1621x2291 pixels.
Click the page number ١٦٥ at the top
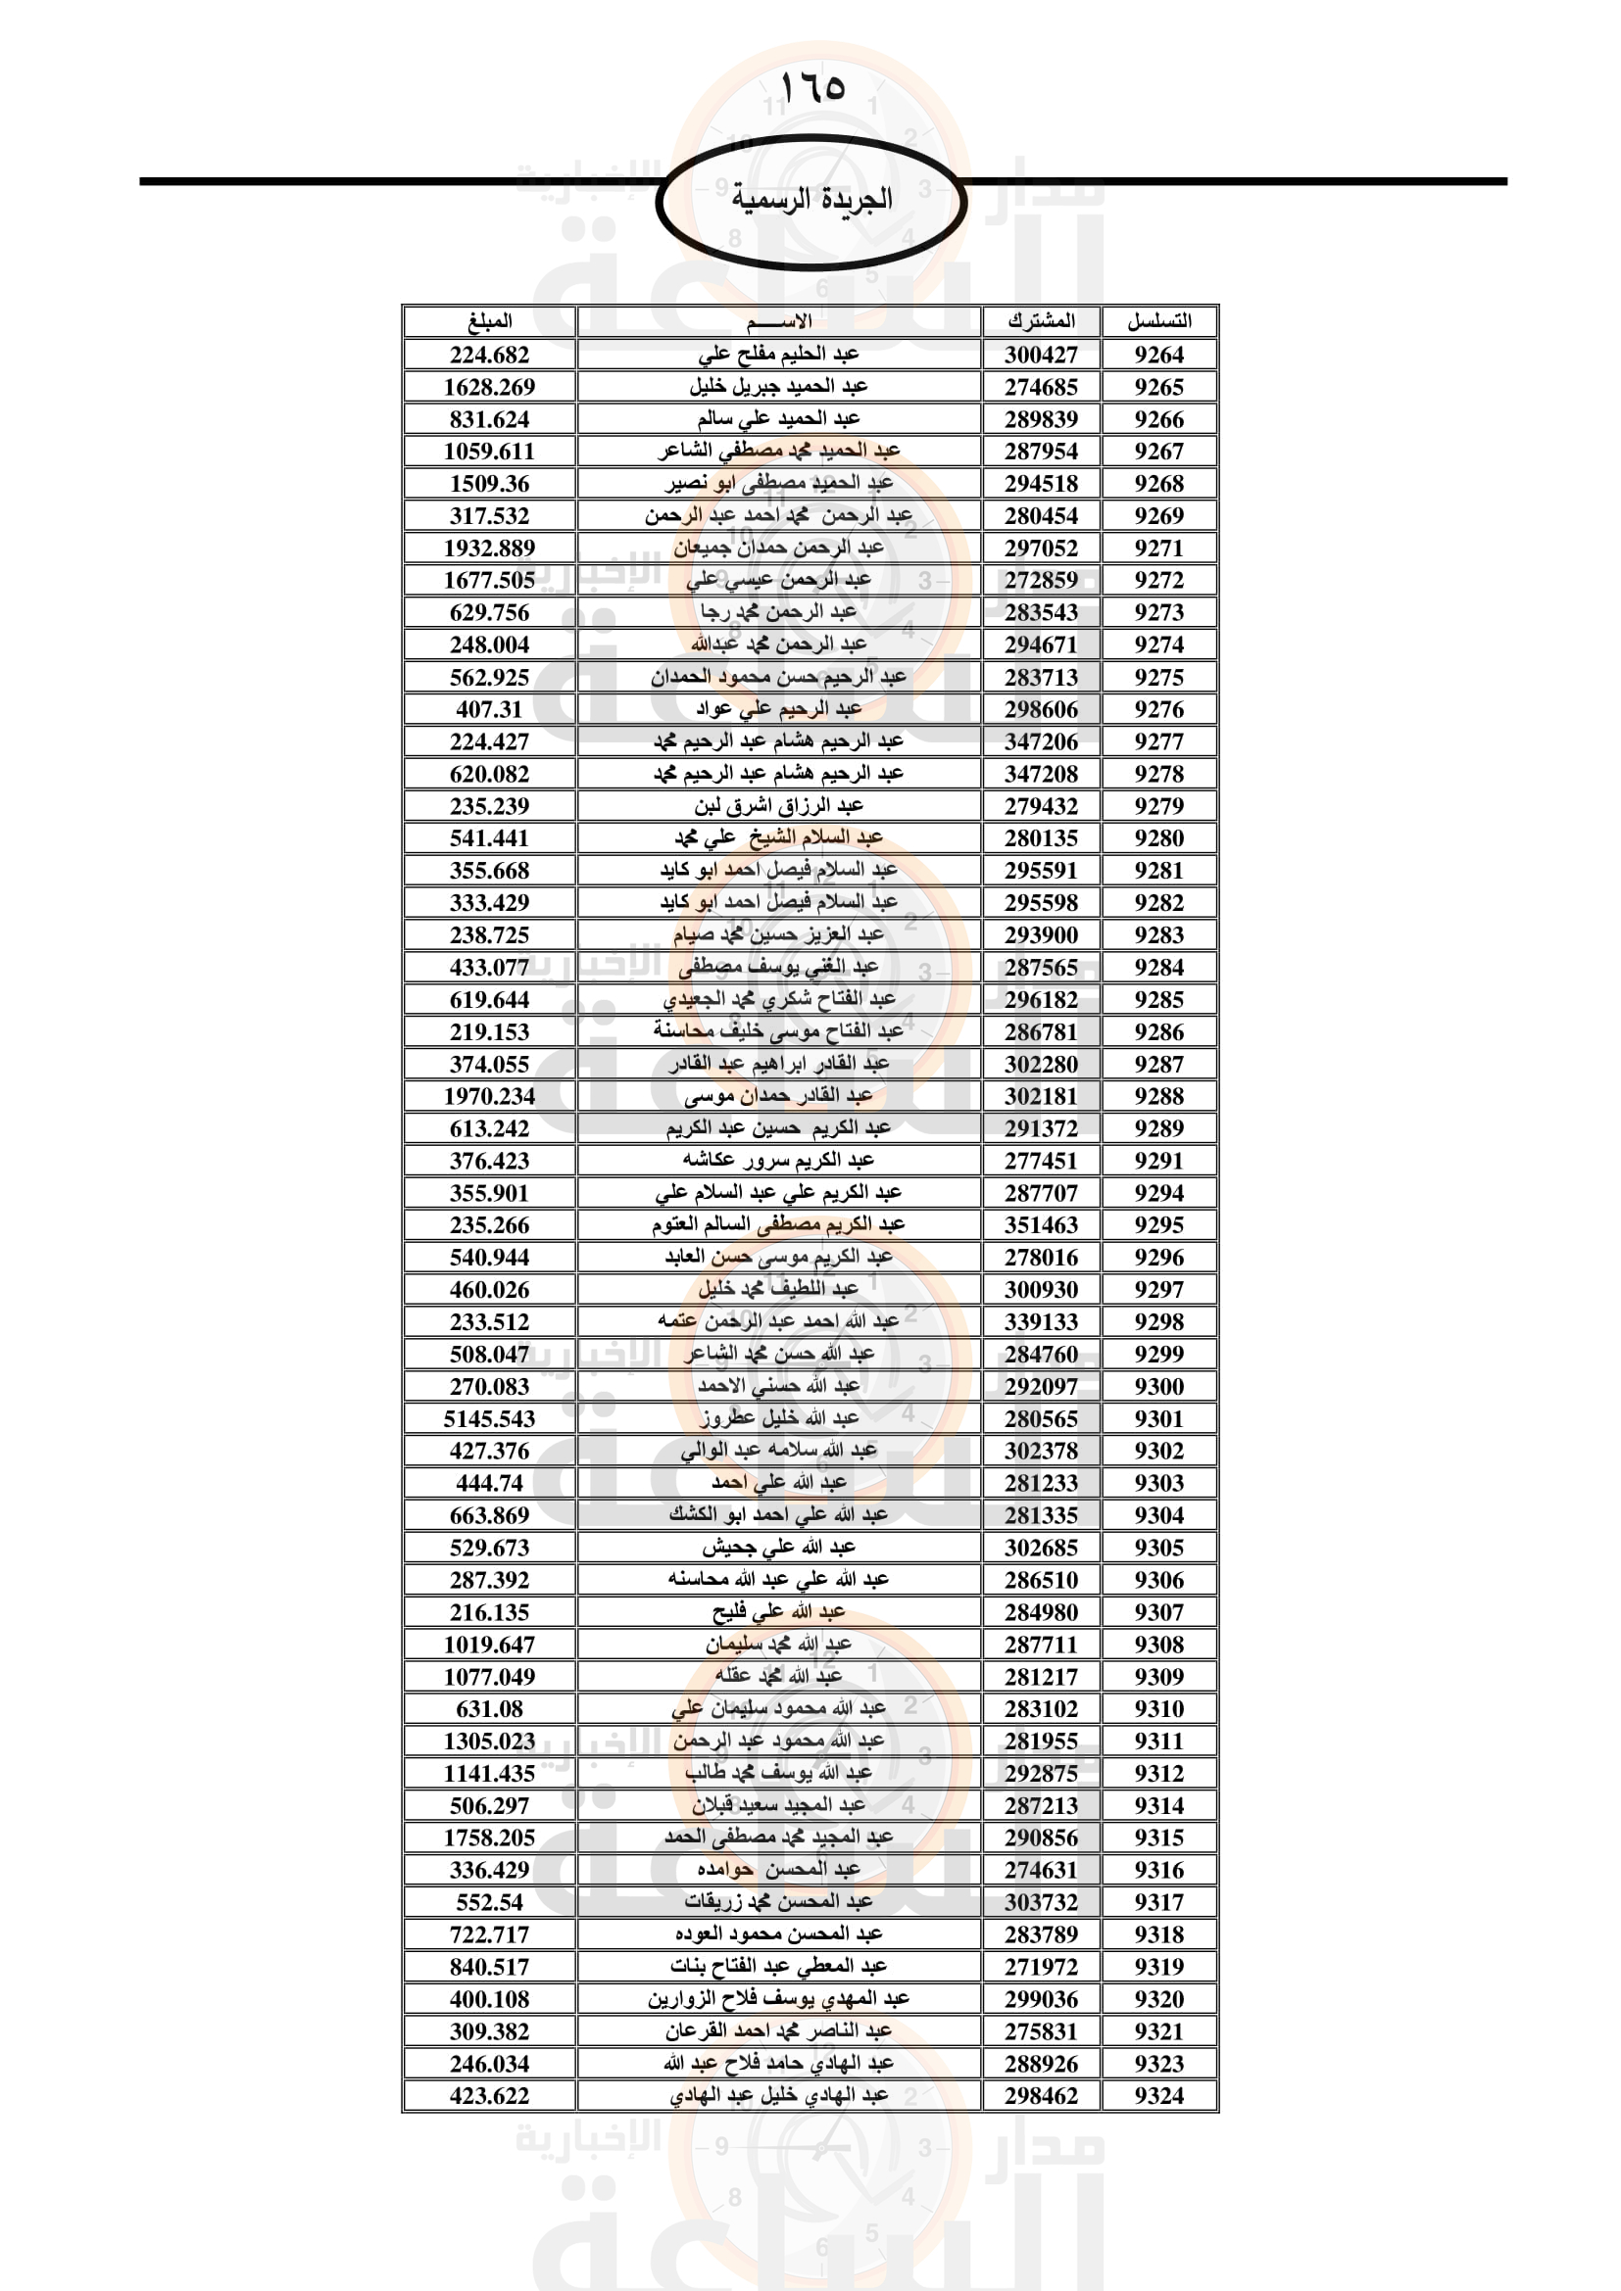click(811, 88)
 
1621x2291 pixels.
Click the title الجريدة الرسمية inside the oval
click(811, 200)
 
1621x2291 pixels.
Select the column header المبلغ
click(489, 321)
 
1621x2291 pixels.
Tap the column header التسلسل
click(1158, 321)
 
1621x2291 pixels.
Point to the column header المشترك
click(1041, 321)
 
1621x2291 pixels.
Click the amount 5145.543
click(489, 1418)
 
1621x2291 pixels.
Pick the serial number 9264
click(1158, 355)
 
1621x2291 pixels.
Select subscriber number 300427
click(1041, 355)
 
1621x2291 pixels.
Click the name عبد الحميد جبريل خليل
click(778, 386)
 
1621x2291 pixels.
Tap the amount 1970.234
click(489, 1096)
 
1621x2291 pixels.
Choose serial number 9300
click(1158, 1386)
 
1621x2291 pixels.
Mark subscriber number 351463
click(1041, 1224)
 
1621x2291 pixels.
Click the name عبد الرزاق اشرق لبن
click(778, 805)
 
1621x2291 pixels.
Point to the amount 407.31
click(489, 709)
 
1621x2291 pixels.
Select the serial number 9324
click(1158, 2095)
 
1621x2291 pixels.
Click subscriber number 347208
click(1041, 774)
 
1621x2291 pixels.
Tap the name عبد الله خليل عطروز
click(778, 1418)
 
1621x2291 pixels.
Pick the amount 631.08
click(489, 1708)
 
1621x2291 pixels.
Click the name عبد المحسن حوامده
click(778, 1870)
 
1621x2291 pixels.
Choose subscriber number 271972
click(1041, 1967)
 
